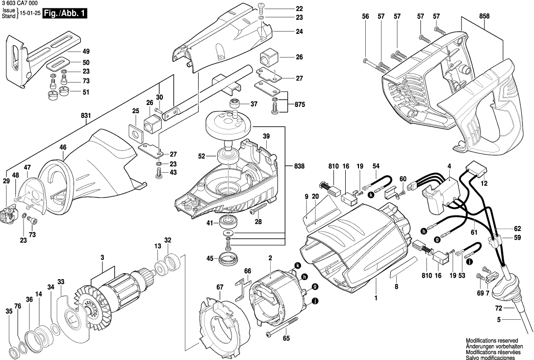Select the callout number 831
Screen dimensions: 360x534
(x=86, y=116)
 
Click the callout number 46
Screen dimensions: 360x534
(x=63, y=147)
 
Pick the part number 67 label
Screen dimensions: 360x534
(x=220, y=287)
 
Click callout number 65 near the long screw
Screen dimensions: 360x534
(x=286, y=338)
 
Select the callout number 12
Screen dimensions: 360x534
(x=484, y=183)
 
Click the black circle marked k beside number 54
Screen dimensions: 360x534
(x=371, y=195)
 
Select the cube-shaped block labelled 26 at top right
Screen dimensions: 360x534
(x=268, y=58)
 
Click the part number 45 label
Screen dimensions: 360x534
(x=209, y=259)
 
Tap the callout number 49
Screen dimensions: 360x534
(x=86, y=51)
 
